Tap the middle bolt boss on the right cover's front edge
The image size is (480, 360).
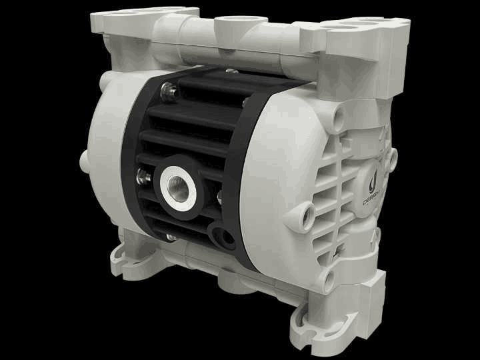tap(307, 212)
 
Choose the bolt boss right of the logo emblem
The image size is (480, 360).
tap(393, 157)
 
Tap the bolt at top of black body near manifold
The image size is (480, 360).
tap(231, 71)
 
